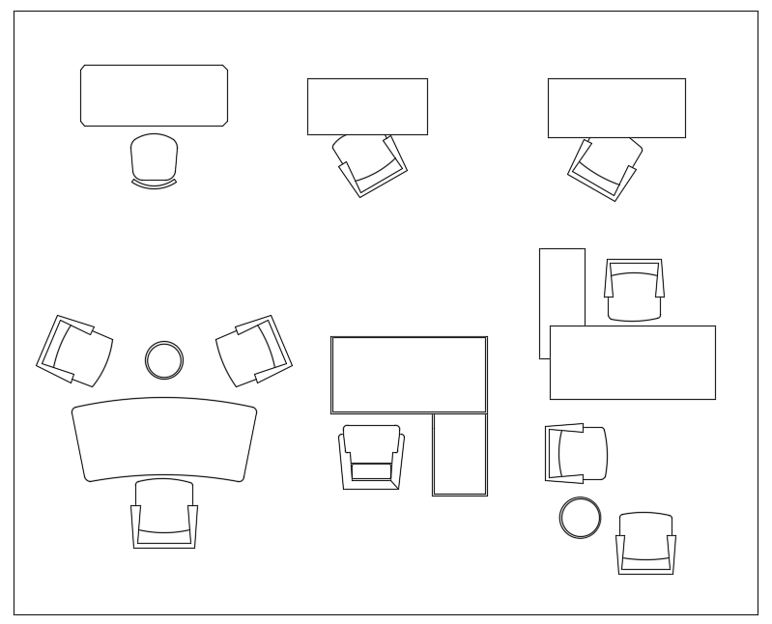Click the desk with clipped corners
click(x=154, y=95)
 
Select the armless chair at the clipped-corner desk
click(x=155, y=159)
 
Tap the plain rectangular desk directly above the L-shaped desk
click(x=367, y=106)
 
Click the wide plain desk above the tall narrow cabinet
click(x=616, y=108)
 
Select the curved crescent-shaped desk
click(x=164, y=438)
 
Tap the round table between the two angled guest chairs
click(x=164, y=359)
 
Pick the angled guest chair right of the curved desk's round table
click(x=254, y=349)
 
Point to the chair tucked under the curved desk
click(x=164, y=514)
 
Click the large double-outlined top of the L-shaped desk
click(x=409, y=375)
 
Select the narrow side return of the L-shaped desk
click(x=459, y=454)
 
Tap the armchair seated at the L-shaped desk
click(x=371, y=457)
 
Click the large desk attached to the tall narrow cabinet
click(x=632, y=362)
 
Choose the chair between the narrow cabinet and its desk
click(x=634, y=289)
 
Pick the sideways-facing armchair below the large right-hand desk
click(x=576, y=453)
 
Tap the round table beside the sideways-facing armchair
click(x=580, y=517)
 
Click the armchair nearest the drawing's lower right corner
click(x=645, y=543)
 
